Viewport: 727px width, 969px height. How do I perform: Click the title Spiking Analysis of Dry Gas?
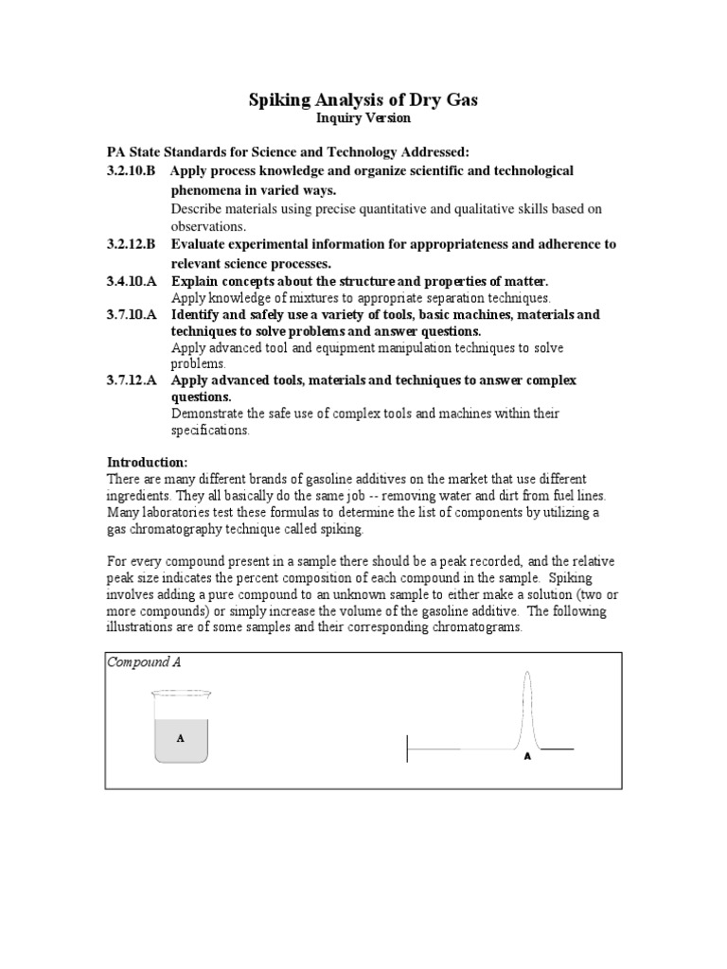pyautogui.click(x=363, y=99)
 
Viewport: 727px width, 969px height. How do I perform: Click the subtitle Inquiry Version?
pyautogui.click(x=363, y=118)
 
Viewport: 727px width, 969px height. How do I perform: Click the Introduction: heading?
pyautogui.click(x=147, y=462)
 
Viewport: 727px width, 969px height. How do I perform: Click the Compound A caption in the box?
pyautogui.click(x=143, y=662)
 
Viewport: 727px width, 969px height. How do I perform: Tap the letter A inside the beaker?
pyautogui.click(x=180, y=735)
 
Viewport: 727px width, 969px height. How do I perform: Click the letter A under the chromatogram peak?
pyautogui.click(x=527, y=757)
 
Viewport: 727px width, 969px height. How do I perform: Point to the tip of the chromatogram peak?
pyautogui.click(x=526, y=672)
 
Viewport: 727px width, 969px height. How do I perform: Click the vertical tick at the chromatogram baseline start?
pyautogui.click(x=408, y=749)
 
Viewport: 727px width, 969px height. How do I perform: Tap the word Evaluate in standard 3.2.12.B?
pyautogui.click(x=200, y=244)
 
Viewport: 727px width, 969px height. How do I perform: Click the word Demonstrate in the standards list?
pyautogui.click(x=211, y=414)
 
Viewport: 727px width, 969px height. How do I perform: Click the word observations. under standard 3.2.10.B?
pyautogui.click(x=207, y=226)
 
